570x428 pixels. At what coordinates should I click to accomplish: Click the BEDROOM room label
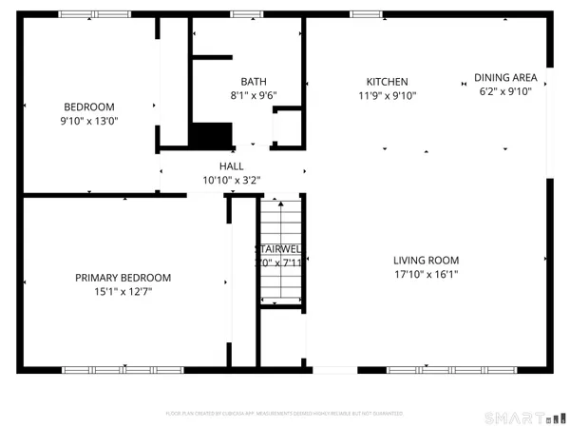coord(88,107)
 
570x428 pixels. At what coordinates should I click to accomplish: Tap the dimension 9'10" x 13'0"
coord(88,122)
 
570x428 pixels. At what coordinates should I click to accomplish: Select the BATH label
coord(254,82)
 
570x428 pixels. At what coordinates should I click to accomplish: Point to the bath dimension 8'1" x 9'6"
coord(254,95)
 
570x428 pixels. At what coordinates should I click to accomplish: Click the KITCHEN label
coord(388,82)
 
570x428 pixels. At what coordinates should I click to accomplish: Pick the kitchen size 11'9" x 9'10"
coord(388,95)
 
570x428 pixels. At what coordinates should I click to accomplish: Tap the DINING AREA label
coord(505,78)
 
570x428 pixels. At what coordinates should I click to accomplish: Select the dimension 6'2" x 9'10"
coord(505,91)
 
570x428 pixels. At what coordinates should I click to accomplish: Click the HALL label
coord(232,165)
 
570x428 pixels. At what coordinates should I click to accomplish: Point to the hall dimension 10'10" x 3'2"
coord(232,179)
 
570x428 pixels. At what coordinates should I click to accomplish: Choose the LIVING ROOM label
coord(427,261)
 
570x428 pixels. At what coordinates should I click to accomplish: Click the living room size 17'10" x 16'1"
coord(427,275)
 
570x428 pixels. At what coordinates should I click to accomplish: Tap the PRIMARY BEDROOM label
coord(123,278)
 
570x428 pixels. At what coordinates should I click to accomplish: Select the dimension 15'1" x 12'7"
coord(123,292)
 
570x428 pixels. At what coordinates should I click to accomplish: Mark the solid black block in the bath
coord(211,134)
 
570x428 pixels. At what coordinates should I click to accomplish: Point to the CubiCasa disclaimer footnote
coord(285,414)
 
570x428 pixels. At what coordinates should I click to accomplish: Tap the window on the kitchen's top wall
coord(367,13)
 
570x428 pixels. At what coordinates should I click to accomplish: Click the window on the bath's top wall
coord(248,13)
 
